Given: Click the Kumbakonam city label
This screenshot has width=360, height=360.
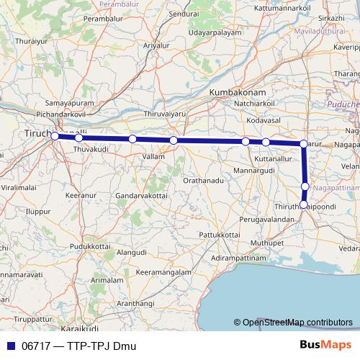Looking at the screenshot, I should point(238,94).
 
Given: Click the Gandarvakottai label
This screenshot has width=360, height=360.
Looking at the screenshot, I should point(142,196).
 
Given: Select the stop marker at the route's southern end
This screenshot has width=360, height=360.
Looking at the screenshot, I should point(304,204).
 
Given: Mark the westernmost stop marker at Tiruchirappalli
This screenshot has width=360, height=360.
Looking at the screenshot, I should point(54,135).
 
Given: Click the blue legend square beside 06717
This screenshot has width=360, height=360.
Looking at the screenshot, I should point(9,346).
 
